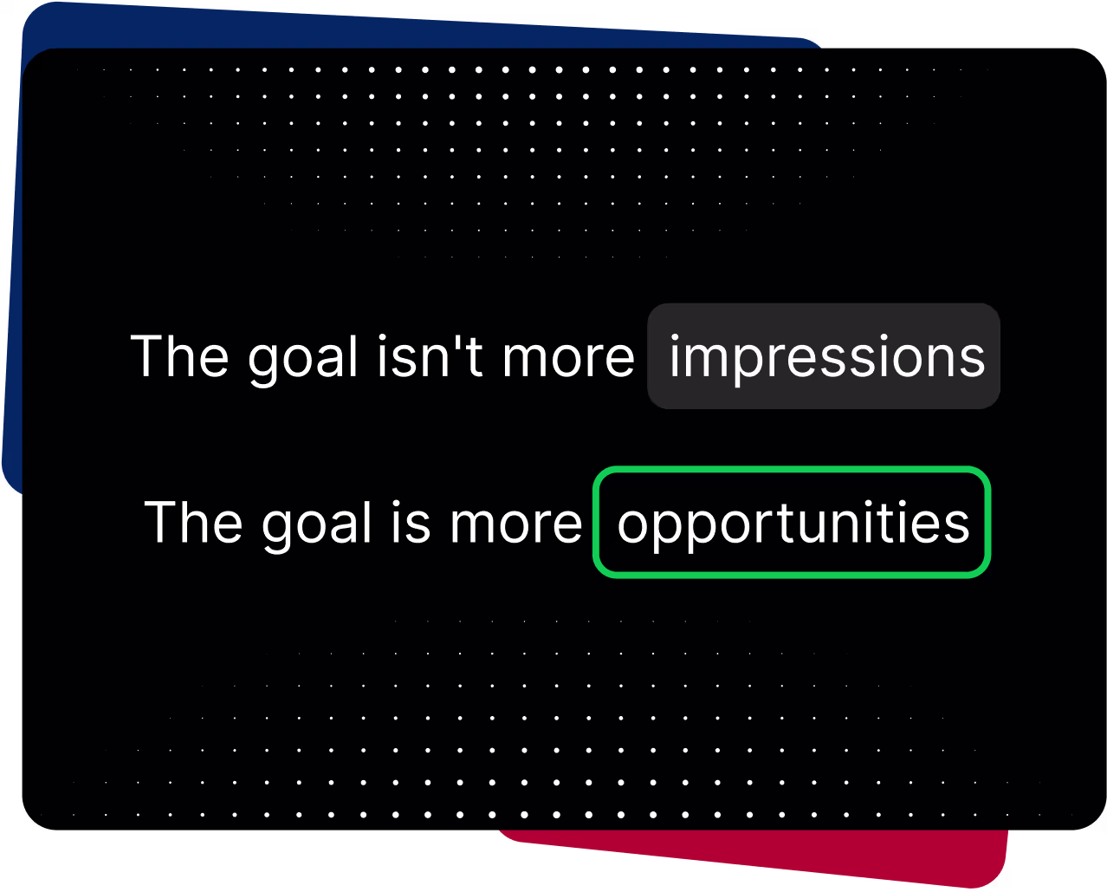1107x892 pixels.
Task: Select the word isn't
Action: click(430, 356)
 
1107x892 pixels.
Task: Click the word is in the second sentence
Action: click(411, 523)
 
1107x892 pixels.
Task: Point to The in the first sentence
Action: click(179, 355)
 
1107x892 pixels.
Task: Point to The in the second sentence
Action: click(193, 522)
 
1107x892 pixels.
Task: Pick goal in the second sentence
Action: click(316, 525)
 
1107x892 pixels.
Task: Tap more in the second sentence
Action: click(516, 525)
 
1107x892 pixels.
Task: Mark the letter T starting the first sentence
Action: click(147, 355)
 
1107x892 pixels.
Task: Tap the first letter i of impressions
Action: click(675, 355)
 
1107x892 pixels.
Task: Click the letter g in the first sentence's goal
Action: click(264, 364)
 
